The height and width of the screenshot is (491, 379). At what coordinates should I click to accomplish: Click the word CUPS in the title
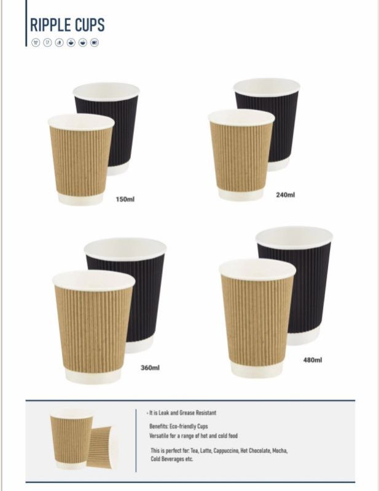click(x=90, y=25)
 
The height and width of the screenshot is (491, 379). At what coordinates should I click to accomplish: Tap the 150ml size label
click(x=125, y=199)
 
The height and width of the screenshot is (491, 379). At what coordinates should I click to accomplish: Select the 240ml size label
click(x=285, y=195)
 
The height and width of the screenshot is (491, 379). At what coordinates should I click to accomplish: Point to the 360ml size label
click(x=150, y=367)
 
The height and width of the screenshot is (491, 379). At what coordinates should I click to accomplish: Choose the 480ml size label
click(x=313, y=360)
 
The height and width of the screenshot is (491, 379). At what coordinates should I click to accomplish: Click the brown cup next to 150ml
click(x=81, y=160)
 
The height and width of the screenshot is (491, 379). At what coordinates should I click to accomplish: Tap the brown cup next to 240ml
click(x=241, y=155)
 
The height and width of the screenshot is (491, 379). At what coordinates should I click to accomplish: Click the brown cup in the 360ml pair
click(x=93, y=327)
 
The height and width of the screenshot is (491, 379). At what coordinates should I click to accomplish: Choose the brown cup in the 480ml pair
click(x=257, y=318)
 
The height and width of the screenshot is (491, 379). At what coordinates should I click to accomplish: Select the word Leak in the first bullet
click(x=164, y=413)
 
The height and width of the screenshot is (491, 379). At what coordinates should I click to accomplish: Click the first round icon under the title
click(x=36, y=42)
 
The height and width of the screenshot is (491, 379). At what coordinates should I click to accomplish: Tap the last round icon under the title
click(x=95, y=42)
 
